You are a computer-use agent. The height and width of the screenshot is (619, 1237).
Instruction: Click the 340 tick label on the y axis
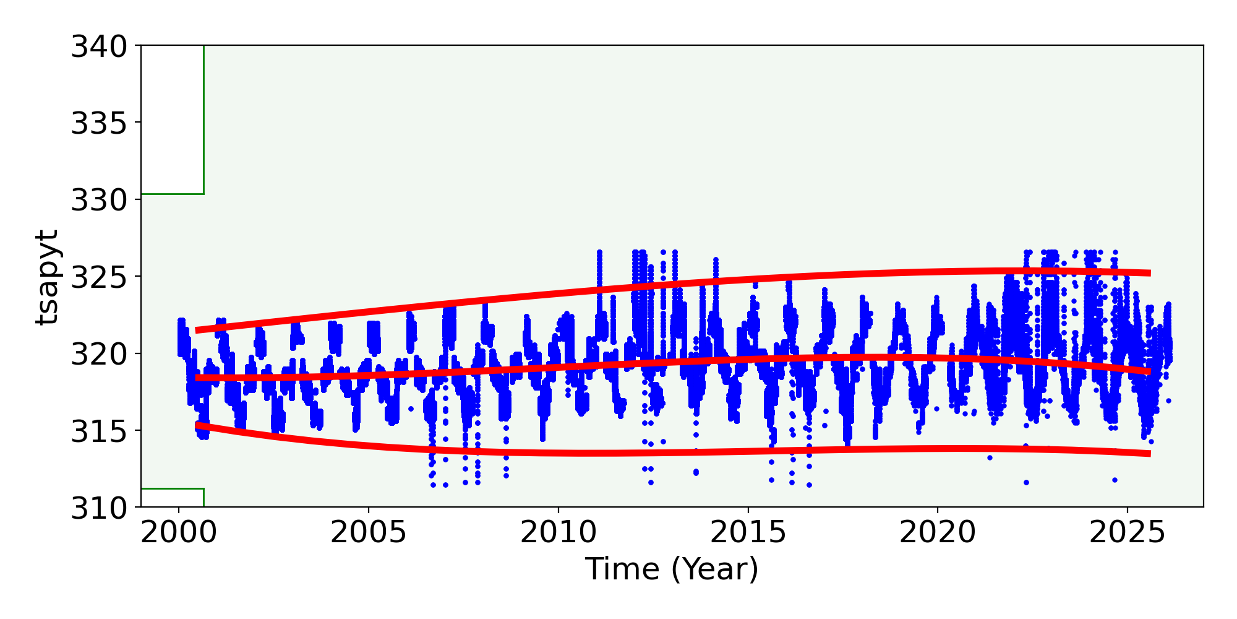(x=98, y=47)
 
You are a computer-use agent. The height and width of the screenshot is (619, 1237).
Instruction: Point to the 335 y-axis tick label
(x=98, y=124)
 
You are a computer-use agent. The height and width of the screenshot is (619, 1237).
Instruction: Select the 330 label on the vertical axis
(x=98, y=201)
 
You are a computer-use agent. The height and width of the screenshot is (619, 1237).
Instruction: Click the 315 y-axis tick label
(x=98, y=431)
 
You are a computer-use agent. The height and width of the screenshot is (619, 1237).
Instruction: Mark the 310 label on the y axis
(x=98, y=508)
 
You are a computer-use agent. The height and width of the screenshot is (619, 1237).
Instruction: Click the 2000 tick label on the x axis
(x=179, y=533)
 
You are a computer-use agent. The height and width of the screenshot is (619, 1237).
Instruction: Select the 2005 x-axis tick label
(x=369, y=533)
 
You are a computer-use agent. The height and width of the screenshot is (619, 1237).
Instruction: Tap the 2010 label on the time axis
(x=558, y=533)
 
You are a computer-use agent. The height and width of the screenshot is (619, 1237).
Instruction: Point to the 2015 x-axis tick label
(x=748, y=533)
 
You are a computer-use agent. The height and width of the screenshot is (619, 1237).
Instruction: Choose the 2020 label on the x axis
(x=937, y=533)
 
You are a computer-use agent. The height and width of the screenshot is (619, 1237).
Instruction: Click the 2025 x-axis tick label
(x=1127, y=533)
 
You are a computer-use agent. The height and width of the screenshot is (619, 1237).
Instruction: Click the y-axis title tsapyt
(x=47, y=277)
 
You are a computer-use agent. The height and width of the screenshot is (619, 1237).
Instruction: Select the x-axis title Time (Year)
(x=672, y=569)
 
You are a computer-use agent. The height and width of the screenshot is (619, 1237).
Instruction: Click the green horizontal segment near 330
(x=173, y=194)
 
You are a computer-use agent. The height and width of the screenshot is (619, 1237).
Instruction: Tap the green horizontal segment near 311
(x=173, y=489)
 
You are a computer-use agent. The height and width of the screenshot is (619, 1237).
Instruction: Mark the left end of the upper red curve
(x=197, y=330)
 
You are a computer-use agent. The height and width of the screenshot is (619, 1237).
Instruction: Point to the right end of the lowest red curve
(x=1149, y=454)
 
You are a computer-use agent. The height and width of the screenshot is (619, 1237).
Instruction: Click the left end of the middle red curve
(x=197, y=378)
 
